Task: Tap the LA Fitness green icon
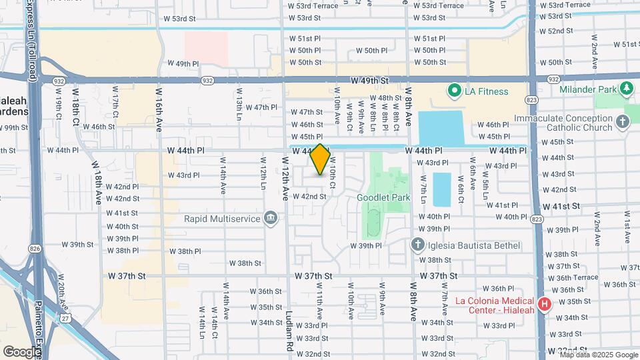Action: pyautogui.click(x=455, y=91)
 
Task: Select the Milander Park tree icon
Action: pyautogui.click(x=626, y=88)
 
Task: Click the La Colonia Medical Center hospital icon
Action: pyautogui.click(x=545, y=305)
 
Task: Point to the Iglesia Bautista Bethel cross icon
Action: pyautogui.click(x=417, y=245)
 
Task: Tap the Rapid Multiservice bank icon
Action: pyautogui.click(x=271, y=218)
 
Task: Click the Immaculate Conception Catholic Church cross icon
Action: pyautogui.click(x=622, y=122)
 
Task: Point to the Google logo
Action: pyautogui.click(x=21, y=351)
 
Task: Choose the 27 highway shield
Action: pyautogui.click(x=65, y=319)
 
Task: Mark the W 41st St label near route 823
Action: pyautogui.click(x=567, y=207)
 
